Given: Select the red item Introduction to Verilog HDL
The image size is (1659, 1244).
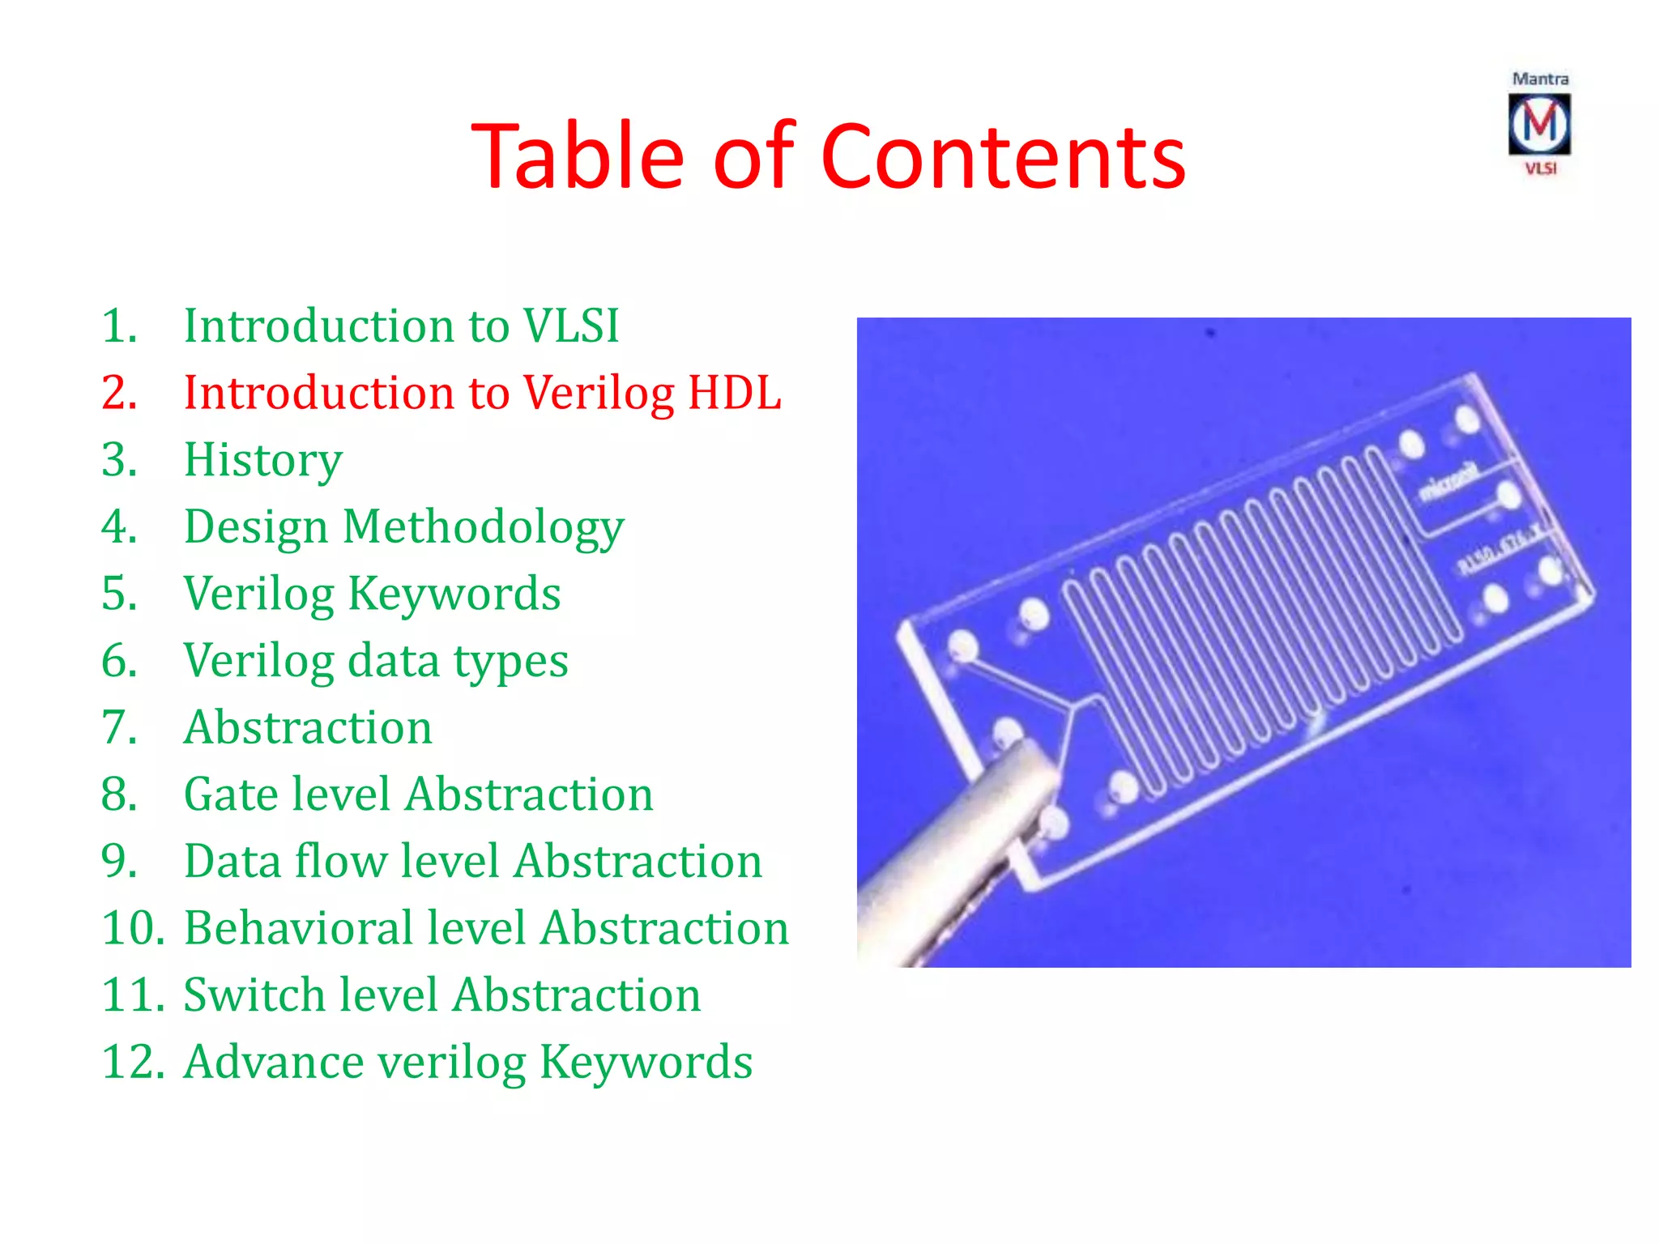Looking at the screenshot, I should [482, 393].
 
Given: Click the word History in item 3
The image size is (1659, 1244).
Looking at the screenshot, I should [263, 460].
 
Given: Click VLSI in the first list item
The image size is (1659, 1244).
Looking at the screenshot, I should [570, 326].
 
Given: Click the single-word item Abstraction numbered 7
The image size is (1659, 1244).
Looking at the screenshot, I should [308, 727].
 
